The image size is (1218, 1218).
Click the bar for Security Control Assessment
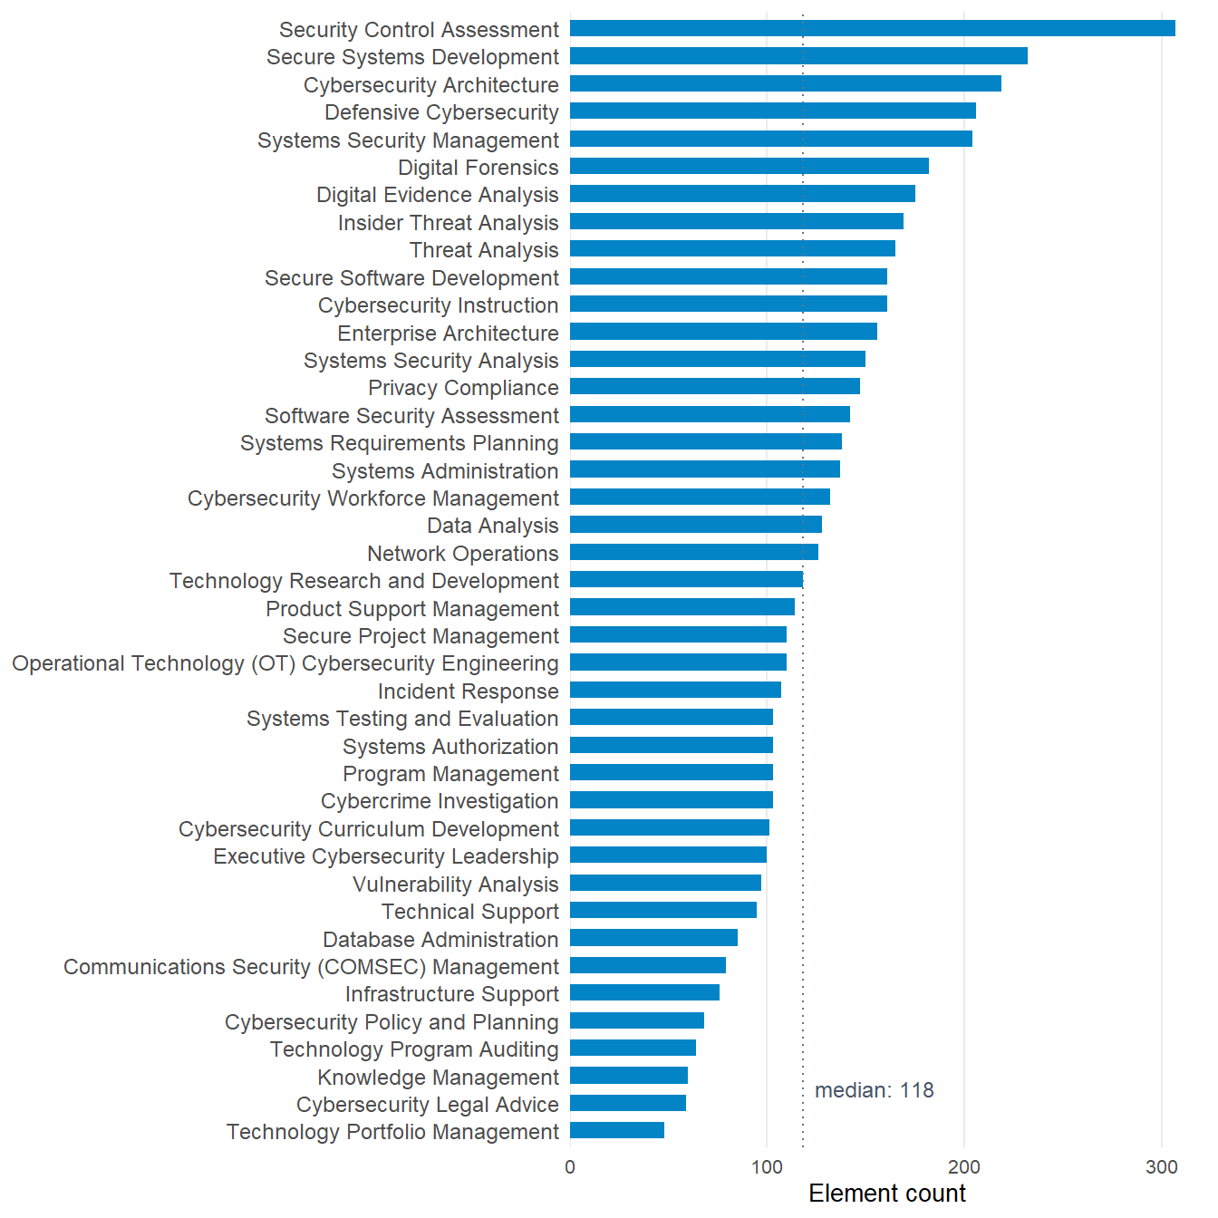(x=872, y=28)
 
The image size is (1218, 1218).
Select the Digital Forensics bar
(x=749, y=166)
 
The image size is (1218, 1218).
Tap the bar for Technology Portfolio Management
(x=617, y=1130)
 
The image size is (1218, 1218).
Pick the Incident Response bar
(x=676, y=690)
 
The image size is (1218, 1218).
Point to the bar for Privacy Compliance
(x=715, y=386)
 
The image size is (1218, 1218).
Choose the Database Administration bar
(x=653, y=938)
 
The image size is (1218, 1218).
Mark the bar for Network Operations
(x=694, y=552)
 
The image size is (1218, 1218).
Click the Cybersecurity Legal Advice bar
(x=628, y=1103)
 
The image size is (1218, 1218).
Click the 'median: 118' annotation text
(x=875, y=1090)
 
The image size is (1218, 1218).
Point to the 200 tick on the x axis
(x=964, y=1167)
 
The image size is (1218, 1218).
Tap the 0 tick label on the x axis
(x=570, y=1167)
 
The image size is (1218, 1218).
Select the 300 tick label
(x=1162, y=1167)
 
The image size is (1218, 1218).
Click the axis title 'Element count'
(x=887, y=1194)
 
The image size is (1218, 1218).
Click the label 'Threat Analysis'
(x=484, y=250)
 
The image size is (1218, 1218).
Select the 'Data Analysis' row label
(x=493, y=526)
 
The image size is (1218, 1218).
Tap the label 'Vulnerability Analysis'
(x=456, y=884)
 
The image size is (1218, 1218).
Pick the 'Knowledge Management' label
(x=438, y=1077)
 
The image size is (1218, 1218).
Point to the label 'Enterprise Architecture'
(x=448, y=333)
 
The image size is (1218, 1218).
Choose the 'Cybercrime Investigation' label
(x=440, y=801)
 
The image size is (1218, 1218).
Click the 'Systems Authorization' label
(x=450, y=747)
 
